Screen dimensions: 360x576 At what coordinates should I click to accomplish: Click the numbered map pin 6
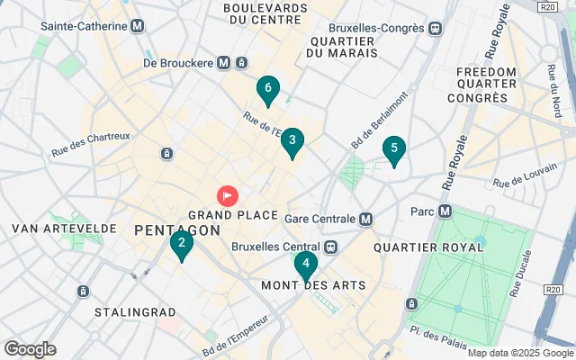click(x=267, y=89)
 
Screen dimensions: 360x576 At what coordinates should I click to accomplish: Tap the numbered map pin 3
click(x=292, y=141)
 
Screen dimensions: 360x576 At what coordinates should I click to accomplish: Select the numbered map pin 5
click(x=393, y=149)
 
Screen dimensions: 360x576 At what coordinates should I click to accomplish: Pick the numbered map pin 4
click(x=306, y=265)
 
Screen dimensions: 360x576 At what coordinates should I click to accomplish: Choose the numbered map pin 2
click(x=182, y=243)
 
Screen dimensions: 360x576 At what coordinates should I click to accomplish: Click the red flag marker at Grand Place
click(x=227, y=194)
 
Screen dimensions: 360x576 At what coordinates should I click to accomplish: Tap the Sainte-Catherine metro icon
click(x=137, y=26)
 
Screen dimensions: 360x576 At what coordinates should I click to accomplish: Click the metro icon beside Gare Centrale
click(x=365, y=219)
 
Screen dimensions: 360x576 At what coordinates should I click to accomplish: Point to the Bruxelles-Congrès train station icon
click(x=436, y=27)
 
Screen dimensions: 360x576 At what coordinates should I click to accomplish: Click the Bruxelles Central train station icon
click(x=330, y=247)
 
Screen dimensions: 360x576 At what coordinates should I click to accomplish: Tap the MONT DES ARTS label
click(x=313, y=285)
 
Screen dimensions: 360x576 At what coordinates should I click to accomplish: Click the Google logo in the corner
click(x=30, y=349)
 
